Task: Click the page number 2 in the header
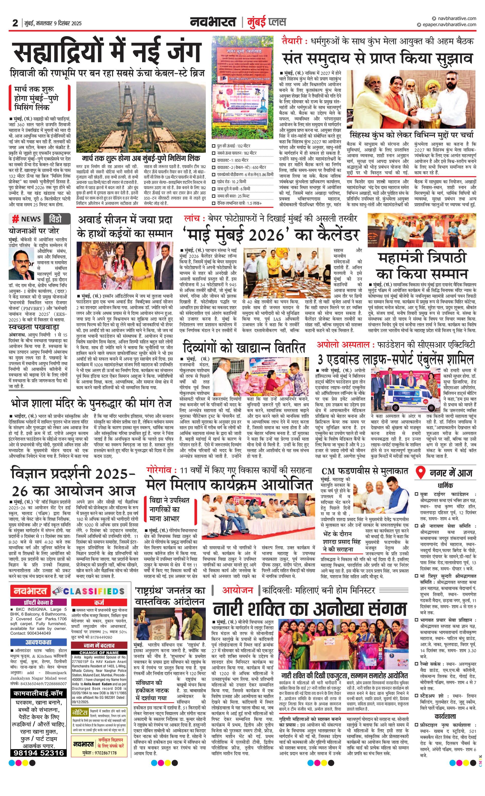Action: [x=15, y=23]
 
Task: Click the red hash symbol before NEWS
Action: [x=15, y=219]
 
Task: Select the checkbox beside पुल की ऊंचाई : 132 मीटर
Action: [x=214, y=146]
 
